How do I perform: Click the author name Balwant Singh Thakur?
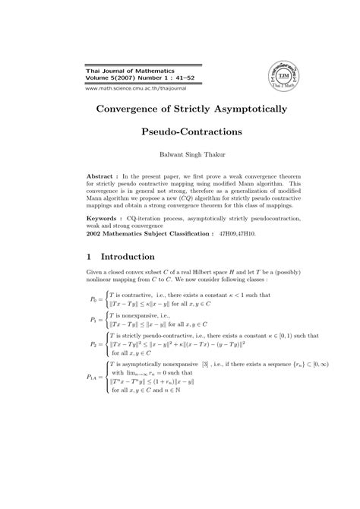coord(180,156)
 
